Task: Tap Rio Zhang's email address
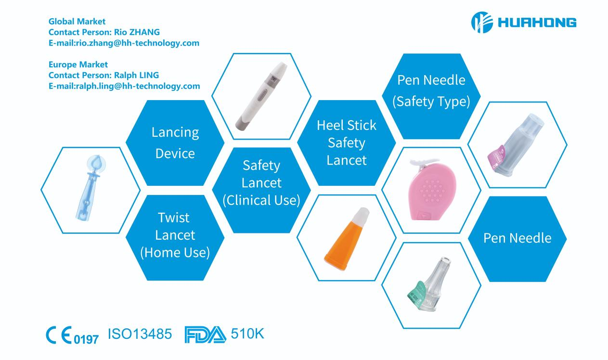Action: pos(124,43)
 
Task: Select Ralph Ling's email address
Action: pos(124,86)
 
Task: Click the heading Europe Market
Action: pos(78,64)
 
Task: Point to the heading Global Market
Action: pos(77,21)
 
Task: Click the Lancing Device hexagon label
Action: pos(175,143)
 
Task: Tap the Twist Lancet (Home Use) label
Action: pos(175,235)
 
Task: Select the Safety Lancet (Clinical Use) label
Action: pos(261,183)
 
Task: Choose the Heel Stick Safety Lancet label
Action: pos(347,142)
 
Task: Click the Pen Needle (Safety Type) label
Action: pos(431,91)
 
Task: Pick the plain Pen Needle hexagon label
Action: pos(517,238)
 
